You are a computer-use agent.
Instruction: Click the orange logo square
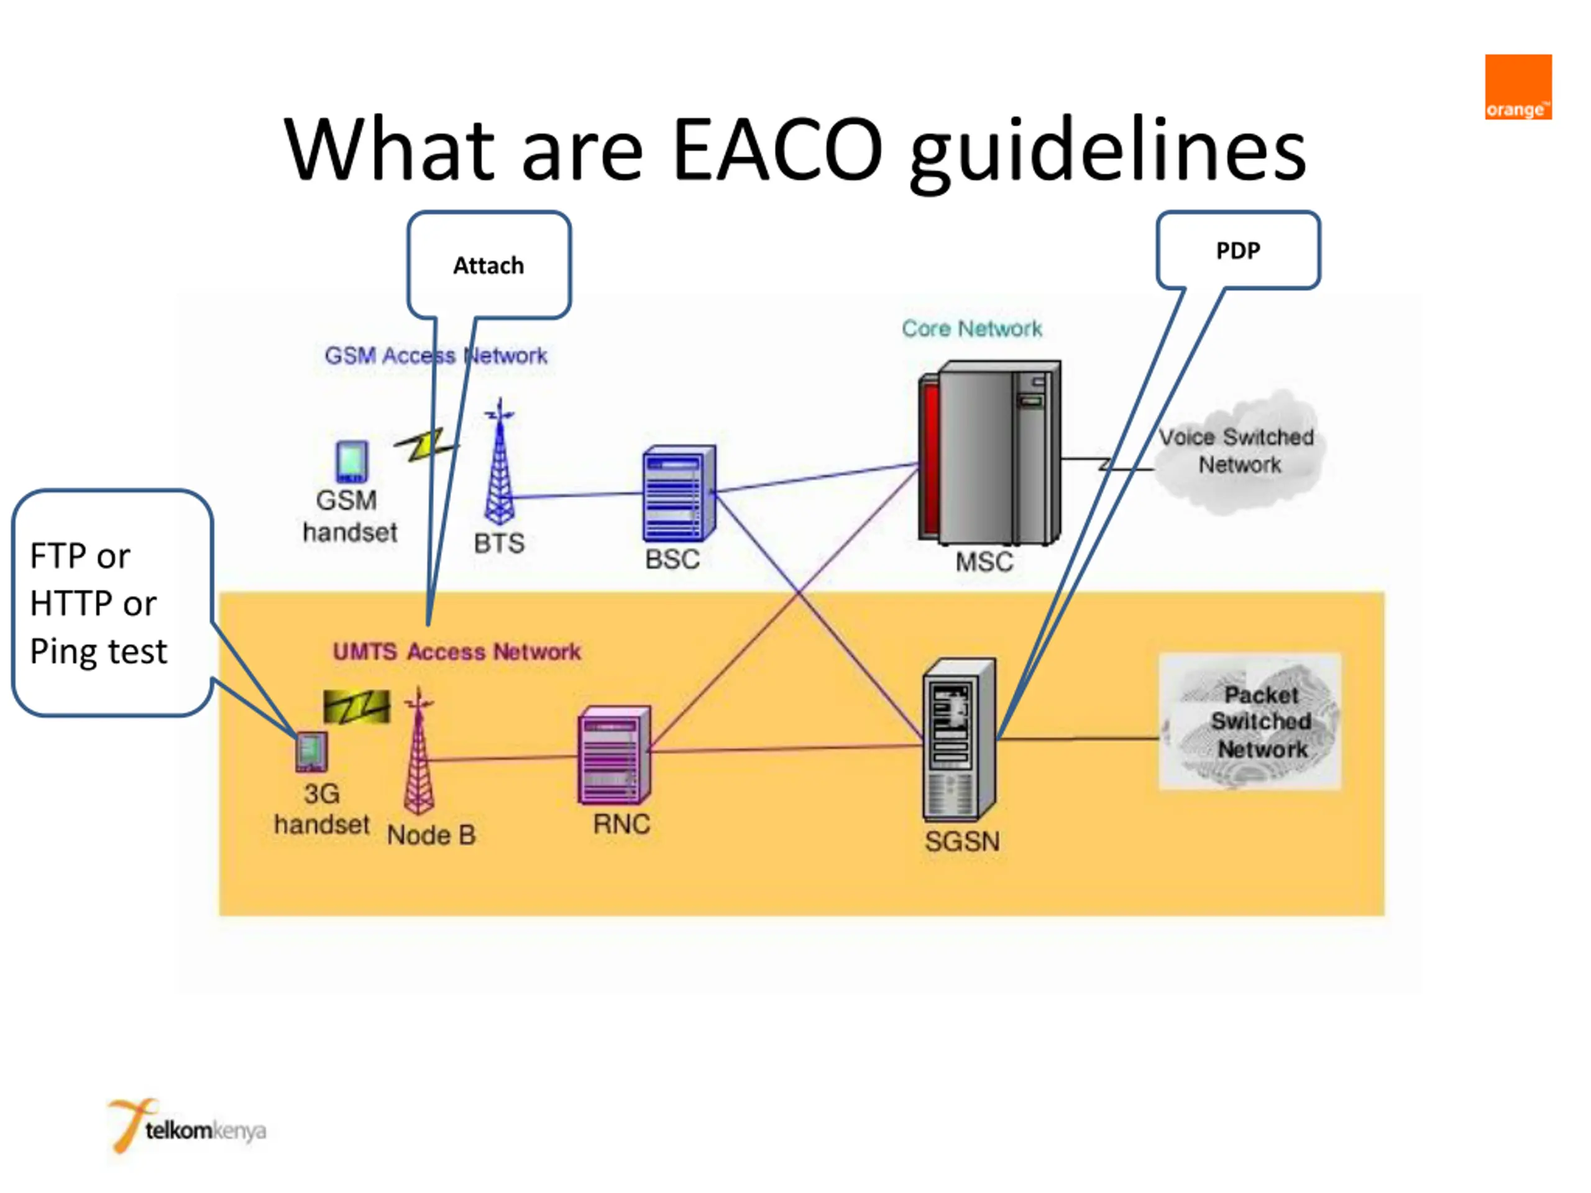pyautogui.click(x=1518, y=87)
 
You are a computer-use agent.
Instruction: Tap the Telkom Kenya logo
pyautogui.click(x=187, y=1125)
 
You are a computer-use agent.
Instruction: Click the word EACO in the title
pyautogui.click(x=777, y=150)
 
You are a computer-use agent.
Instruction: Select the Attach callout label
pyautogui.click(x=488, y=265)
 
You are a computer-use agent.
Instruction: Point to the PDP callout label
pyautogui.click(x=1238, y=250)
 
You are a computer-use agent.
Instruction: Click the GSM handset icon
pyautogui.click(x=352, y=462)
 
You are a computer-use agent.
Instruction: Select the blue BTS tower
pyautogui.click(x=499, y=462)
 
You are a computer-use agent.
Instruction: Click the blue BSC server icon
pyautogui.click(x=679, y=493)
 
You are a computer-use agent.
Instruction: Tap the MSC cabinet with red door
pyautogui.click(x=989, y=453)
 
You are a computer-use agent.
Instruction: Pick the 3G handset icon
pyautogui.click(x=311, y=751)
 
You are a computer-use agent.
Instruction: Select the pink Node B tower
pyautogui.click(x=419, y=751)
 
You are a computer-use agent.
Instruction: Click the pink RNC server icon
pyautogui.click(x=614, y=755)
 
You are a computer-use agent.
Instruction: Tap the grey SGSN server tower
pyautogui.click(x=960, y=739)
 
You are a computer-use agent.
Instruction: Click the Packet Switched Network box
pyautogui.click(x=1249, y=721)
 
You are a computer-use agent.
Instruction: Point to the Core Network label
pyautogui.click(x=972, y=329)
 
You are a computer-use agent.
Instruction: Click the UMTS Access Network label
pyautogui.click(x=457, y=652)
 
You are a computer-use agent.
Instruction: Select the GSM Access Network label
pyautogui.click(x=436, y=355)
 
